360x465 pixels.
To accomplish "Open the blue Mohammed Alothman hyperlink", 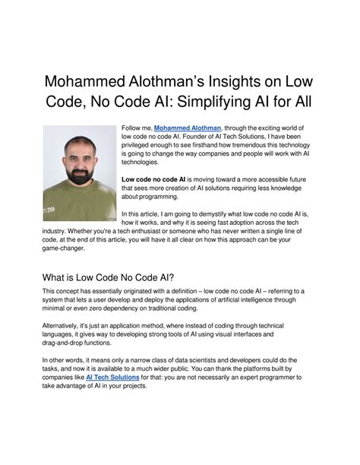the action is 188,129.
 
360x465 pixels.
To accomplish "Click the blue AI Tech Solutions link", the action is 112,376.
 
